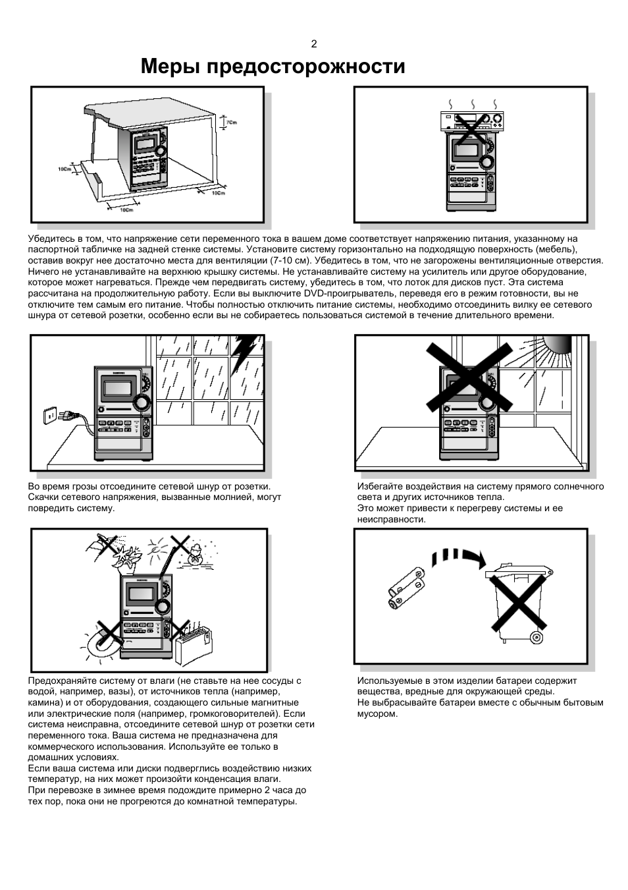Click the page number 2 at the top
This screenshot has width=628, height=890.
pyautogui.click(x=314, y=44)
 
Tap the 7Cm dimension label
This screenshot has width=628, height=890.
pyautogui.click(x=231, y=123)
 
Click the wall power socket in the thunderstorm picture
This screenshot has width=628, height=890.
pyautogui.click(x=49, y=415)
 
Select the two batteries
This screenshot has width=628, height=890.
pyautogui.click(x=406, y=588)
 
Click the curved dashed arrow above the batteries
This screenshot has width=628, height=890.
pyautogui.click(x=458, y=557)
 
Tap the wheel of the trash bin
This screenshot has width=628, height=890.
pyautogui.click(x=536, y=637)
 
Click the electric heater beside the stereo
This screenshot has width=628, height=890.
pyautogui.click(x=193, y=644)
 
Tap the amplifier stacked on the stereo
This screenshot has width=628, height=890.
pyautogui.click(x=471, y=121)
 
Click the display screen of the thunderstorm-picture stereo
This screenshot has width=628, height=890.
pyautogui.click(x=118, y=387)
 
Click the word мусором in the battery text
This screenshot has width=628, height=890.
pyautogui.click(x=377, y=713)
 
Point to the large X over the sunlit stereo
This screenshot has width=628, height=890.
pyautogui.click(x=469, y=377)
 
